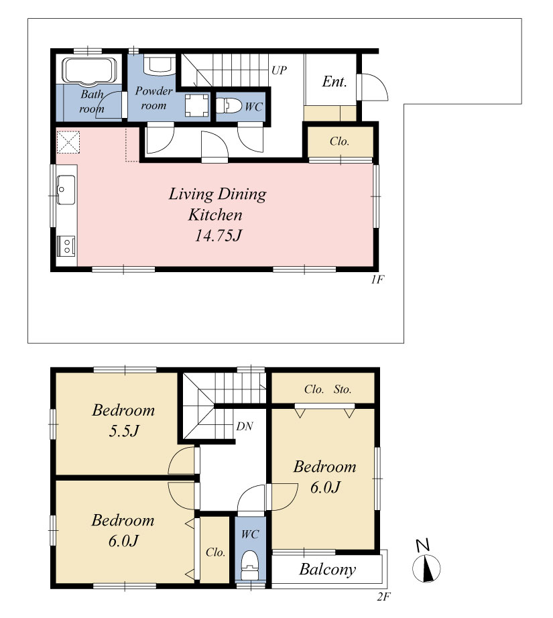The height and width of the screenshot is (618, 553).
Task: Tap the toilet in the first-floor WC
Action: [x=229, y=106]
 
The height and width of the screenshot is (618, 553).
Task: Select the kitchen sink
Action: [x=66, y=190]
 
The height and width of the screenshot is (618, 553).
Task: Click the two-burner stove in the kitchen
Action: [x=66, y=245]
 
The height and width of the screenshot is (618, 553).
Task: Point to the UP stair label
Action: [x=279, y=70]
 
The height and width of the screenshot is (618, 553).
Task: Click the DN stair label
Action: [x=245, y=426]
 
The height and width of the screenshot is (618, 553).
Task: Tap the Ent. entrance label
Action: [x=334, y=82]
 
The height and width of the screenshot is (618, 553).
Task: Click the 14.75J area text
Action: [x=218, y=235]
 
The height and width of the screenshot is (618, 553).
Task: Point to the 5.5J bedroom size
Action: [x=124, y=431]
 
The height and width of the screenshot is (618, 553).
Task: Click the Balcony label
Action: [x=328, y=569]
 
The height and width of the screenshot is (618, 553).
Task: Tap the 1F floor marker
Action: [x=377, y=280]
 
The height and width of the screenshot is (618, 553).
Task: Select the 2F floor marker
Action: [x=383, y=597]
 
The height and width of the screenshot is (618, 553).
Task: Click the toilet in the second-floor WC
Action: [x=250, y=565]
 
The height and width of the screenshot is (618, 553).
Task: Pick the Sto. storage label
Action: [x=342, y=389]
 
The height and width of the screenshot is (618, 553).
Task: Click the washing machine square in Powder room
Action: [x=196, y=105]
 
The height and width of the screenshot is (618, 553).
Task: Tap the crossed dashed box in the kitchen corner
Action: [x=68, y=142]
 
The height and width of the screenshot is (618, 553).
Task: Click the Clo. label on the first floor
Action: [x=339, y=141]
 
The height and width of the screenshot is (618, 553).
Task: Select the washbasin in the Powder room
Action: [x=160, y=65]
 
